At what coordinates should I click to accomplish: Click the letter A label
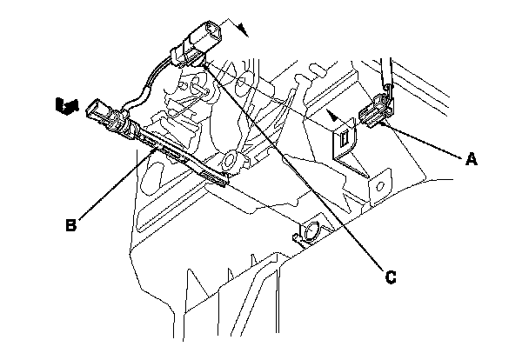pos(472,158)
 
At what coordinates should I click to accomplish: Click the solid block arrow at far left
pos(65,105)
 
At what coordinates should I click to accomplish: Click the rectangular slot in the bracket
pos(345,137)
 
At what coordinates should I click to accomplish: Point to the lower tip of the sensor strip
pos(225,181)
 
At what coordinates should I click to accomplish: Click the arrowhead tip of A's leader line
pos(382,123)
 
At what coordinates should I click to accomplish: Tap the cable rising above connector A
pos(385,74)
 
